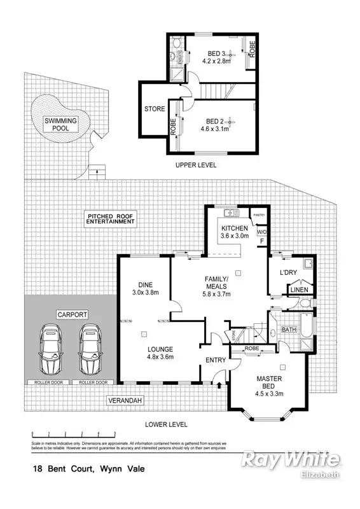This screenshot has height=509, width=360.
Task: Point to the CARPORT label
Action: [x=71, y=314]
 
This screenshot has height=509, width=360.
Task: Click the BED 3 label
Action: [x=218, y=53]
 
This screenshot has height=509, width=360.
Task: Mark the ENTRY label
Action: [x=215, y=360]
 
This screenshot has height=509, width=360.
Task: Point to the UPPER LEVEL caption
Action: [x=196, y=165]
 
